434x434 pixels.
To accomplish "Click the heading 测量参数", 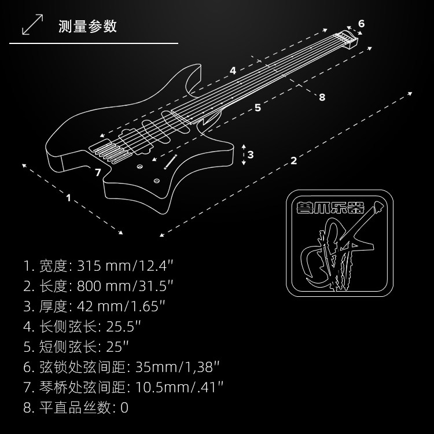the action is [88, 26].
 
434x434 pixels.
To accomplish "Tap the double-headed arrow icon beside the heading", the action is [32, 25].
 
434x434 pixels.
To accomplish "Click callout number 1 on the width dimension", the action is [68, 198].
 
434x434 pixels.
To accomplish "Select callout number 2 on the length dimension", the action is [294, 160].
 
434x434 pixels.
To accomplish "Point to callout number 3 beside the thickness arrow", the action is [251, 155].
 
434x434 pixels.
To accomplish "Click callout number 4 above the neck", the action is [233, 71].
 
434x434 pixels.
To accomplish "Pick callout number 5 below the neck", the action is [258, 108].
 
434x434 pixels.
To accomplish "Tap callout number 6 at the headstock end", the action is [362, 24].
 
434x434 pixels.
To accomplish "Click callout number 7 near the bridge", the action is [98, 172].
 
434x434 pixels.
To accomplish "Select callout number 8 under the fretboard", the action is [322, 97].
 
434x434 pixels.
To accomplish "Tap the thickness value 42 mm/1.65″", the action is [125, 306].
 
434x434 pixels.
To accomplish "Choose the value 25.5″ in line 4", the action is [123, 326].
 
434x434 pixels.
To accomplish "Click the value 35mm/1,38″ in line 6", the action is [177, 367].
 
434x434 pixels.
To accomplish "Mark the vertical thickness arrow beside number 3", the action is [244, 155].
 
